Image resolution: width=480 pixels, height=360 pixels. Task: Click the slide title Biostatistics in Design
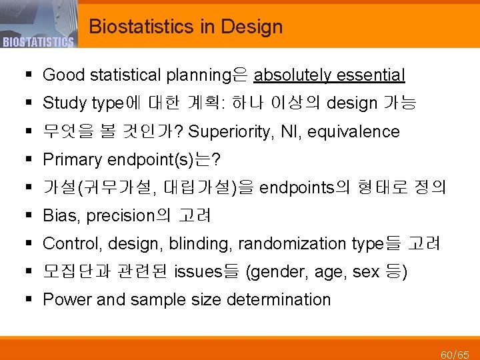point(185,27)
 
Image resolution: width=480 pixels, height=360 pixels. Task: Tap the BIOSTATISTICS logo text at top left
point(37,42)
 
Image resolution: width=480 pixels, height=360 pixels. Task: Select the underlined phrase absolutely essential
point(329,75)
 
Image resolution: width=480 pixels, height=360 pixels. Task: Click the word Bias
point(61,216)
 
